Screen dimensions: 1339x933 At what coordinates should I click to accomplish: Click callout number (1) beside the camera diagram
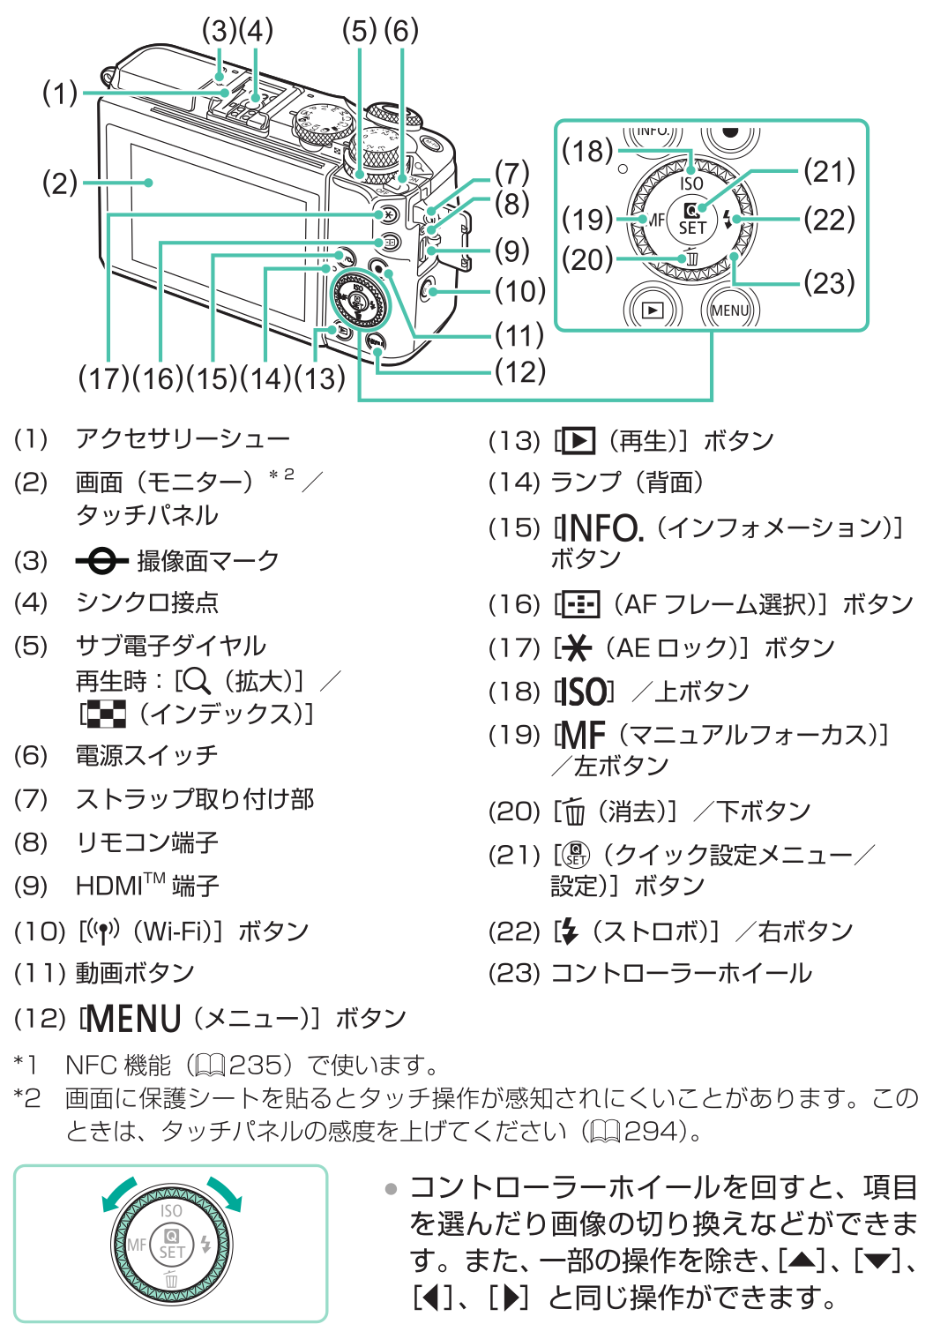click(60, 93)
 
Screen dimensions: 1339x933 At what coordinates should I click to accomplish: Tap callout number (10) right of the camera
click(520, 290)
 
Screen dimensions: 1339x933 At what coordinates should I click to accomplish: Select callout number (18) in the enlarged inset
click(587, 151)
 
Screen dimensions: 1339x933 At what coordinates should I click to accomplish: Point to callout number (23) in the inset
click(829, 282)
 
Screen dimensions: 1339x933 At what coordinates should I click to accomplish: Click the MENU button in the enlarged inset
click(730, 310)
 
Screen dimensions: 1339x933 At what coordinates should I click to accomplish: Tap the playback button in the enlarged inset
click(653, 310)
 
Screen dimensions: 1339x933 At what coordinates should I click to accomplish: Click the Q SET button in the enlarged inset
click(692, 218)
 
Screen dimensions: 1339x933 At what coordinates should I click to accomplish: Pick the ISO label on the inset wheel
click(691, 183)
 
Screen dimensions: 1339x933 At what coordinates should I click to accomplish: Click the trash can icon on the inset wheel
click(692, 258)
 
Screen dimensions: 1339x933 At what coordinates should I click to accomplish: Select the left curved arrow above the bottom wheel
click(120, 1194)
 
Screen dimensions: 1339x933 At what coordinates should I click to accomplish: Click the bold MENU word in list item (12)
click(134, 1019)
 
